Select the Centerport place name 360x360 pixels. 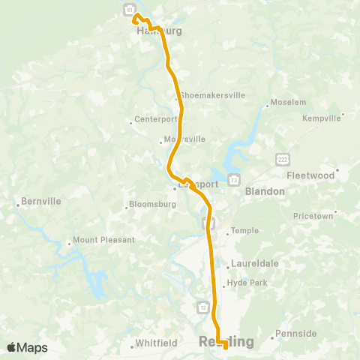coord(156,118)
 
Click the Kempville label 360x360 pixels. coord(320,118)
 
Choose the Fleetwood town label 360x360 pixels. coord(310,175)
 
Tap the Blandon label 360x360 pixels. coord(265,191)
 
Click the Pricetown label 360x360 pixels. coord(313,216)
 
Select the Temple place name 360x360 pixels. coord(244,231)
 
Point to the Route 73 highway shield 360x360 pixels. coord(235,180)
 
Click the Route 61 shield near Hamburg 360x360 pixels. coord(129,9)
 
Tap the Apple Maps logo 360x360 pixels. coord(27,347)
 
